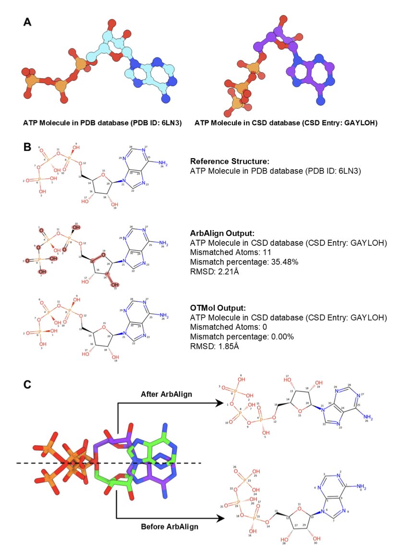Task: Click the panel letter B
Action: tap(28, 146)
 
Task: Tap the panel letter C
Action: tap(28, 384)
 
